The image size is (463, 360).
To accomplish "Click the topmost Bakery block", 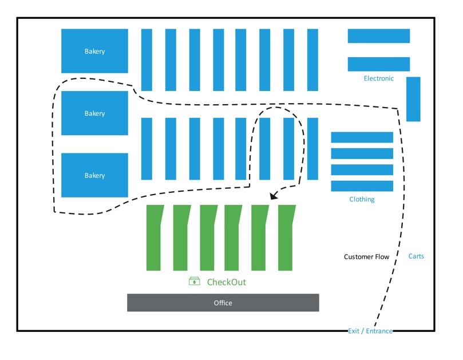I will (94, 51).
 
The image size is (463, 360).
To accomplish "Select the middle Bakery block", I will (94, 113).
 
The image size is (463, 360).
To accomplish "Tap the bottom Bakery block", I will (94, 175).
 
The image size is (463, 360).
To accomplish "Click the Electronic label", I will (378, 78).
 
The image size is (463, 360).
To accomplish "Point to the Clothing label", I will (362, 199).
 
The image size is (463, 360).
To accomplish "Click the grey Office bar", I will (223, 303).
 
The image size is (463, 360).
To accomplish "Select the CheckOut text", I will (226, 282).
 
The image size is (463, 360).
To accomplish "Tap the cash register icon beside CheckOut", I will (195, 281).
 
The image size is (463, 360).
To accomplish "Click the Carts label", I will (416, 256).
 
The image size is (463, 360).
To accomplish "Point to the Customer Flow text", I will (366, 257).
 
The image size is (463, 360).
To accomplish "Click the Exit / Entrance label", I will (370, 331).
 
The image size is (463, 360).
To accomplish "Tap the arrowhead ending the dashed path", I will (274, 196).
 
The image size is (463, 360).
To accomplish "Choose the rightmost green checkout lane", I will (286, 238).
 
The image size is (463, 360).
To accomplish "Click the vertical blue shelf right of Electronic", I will (413, 99).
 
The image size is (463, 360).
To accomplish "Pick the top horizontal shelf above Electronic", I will (378, 36).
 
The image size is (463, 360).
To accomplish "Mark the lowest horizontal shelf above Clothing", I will (362, 186).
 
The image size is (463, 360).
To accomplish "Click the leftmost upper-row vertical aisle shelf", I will (147, 60).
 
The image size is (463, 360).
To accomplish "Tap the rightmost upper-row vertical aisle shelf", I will (312, 60).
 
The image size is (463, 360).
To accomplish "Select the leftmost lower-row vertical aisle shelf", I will (147, 149).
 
